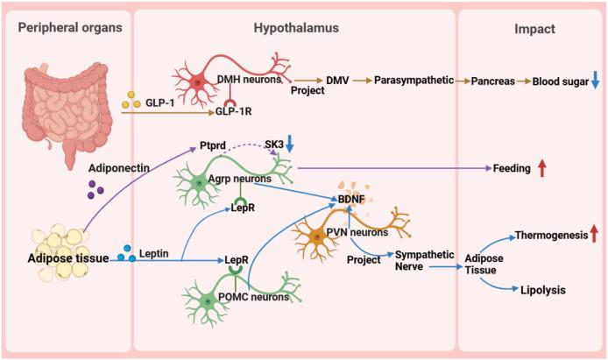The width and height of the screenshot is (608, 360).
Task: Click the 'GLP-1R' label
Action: pyautogui.click(x=236, y=113)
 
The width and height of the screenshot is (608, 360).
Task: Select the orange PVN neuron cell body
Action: pyautogui.click(x=316, y=236)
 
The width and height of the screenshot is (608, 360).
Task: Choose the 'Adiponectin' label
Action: pyautogui.click(x=113, y=165)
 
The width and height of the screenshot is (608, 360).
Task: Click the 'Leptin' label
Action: pyautogui.click(x=154, y=252)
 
